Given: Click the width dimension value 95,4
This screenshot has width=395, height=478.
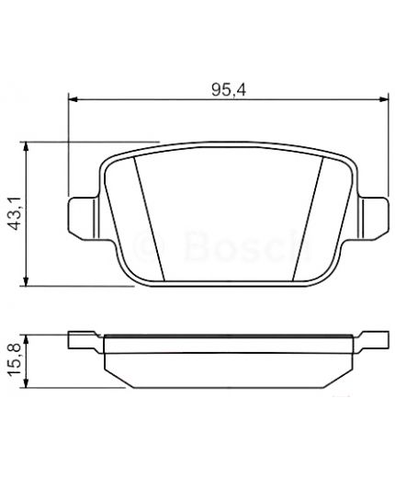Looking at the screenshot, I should tap(227, 89).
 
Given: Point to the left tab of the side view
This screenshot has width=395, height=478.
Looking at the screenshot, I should tap(85, 342).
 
